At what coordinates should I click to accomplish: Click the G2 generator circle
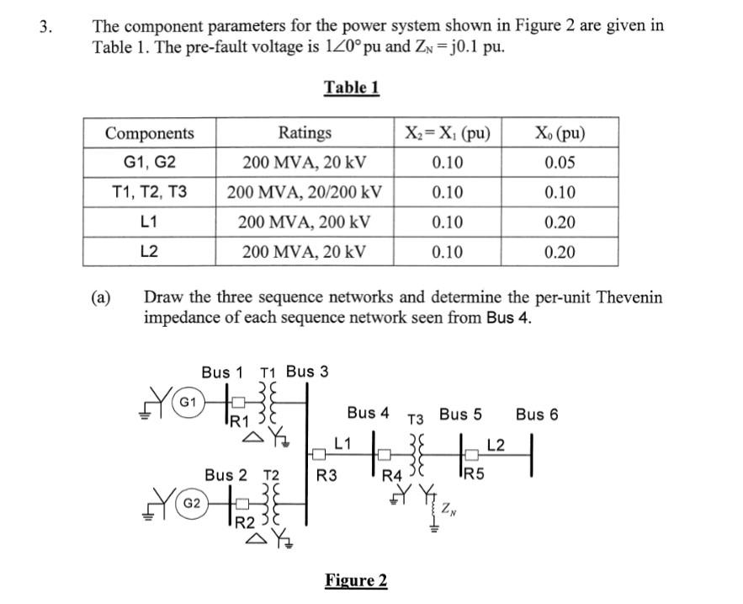tap(191, 503)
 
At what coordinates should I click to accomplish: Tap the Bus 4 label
tap(368, 413)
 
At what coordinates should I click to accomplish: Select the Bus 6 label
tap(537, 414)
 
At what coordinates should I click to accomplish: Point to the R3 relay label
tap(326, 476)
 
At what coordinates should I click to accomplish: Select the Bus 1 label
tap(222, 371)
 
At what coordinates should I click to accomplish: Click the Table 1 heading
tap(352, 88)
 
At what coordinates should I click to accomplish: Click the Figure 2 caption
tap(356, 580)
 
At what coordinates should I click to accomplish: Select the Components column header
tap(149, 133)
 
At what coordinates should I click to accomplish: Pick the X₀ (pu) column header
tap(560, 133)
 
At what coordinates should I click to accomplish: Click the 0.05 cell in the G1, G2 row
tap(560, 163)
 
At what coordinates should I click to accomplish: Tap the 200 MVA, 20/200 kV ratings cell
tap(305, 193)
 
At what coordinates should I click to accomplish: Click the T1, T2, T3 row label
tap(149, 193)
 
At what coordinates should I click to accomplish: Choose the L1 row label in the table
tap(149, 222)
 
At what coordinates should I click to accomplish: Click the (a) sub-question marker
tap(101, 297)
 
